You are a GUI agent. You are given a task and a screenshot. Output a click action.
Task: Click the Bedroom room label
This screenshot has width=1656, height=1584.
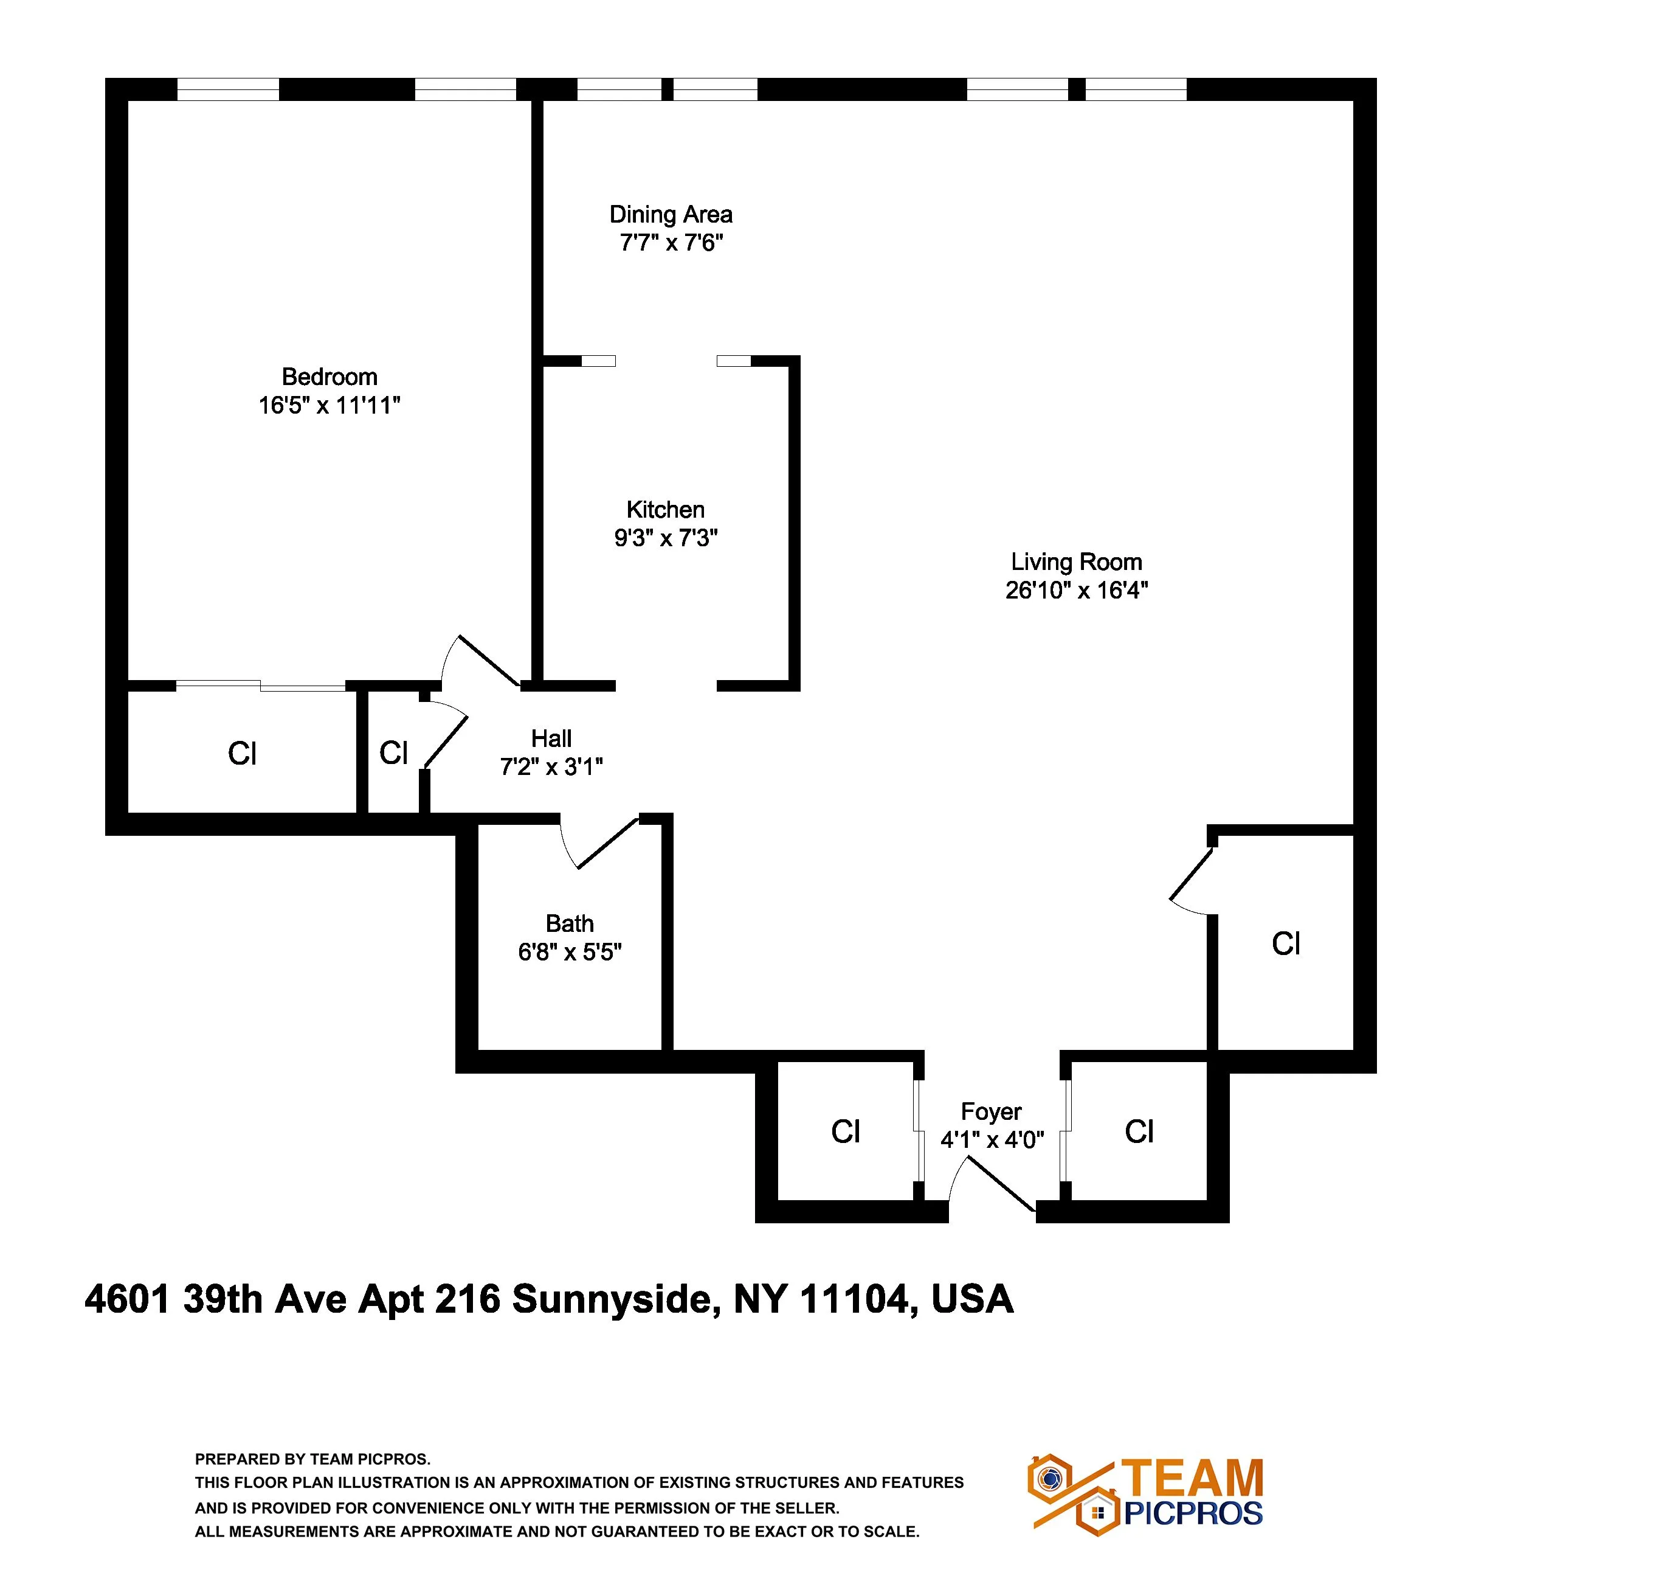329,377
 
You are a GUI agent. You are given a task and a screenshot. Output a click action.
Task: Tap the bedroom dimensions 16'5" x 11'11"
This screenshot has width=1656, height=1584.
329,406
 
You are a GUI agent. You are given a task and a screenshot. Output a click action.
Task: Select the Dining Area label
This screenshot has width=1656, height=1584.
671,215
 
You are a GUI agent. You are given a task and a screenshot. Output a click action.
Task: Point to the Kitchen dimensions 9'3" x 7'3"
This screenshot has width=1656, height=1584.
666,538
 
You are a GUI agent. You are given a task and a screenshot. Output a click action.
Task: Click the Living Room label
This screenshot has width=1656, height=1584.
1076,561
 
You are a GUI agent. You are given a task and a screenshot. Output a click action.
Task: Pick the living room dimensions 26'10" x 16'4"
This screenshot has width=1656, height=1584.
1076,590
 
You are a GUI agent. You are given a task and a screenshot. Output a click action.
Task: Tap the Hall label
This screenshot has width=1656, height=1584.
551,739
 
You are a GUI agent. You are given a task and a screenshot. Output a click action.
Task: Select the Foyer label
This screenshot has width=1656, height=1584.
991,1112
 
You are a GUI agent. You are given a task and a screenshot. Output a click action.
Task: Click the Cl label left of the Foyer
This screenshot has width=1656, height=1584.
846,1132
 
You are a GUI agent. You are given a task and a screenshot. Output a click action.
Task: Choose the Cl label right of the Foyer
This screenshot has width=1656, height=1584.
1139,1132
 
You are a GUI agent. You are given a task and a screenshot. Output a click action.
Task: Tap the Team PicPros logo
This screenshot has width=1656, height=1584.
1145,1495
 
